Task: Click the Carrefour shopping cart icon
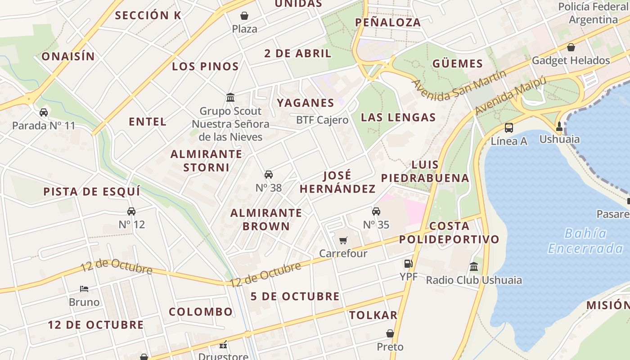[343, 241]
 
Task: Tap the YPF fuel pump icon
[408, 264]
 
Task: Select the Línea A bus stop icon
[509, 128]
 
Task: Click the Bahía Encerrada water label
[585, 241]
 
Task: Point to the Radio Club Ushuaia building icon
[474, 267]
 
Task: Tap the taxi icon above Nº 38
[269, 175]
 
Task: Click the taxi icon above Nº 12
[131, 211]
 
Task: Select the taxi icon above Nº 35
[376, 211]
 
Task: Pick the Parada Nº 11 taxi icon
[44, 112]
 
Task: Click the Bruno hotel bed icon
[84, 288]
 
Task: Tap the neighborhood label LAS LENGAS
[398, 117]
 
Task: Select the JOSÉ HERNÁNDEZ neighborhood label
[337, 182]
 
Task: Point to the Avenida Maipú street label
[510, 95]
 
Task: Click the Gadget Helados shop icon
[571, 47]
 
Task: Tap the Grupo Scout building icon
[230, 97]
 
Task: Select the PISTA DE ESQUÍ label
[92, 191]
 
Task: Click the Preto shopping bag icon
[390, 333]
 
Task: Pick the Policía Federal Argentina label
[593, 13]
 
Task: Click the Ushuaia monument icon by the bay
[559, 126]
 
